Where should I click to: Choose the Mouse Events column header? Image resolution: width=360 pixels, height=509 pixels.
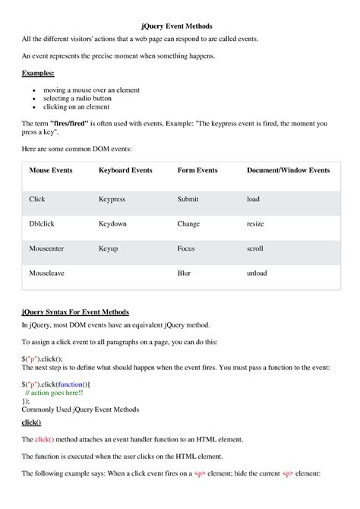(51, 170)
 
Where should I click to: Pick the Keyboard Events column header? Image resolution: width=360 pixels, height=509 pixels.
(125, 170)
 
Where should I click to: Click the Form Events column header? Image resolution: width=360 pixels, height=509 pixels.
(197, 170)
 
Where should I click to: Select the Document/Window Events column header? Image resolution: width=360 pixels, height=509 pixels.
(288, 170)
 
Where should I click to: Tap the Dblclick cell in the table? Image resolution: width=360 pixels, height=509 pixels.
(43, 224)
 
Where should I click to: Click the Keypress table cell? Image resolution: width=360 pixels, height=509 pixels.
(112, 199)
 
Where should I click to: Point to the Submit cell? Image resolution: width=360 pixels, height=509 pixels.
(188, 199)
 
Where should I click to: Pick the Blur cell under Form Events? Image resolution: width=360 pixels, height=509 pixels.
(184, 272)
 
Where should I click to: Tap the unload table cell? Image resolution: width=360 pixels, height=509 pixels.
(257, 272)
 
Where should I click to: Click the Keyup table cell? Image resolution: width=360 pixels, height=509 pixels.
(108, 248)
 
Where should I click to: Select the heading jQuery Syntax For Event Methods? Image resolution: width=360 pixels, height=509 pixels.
(75, 311)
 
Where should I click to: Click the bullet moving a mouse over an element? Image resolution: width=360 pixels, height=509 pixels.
(91, 90)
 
